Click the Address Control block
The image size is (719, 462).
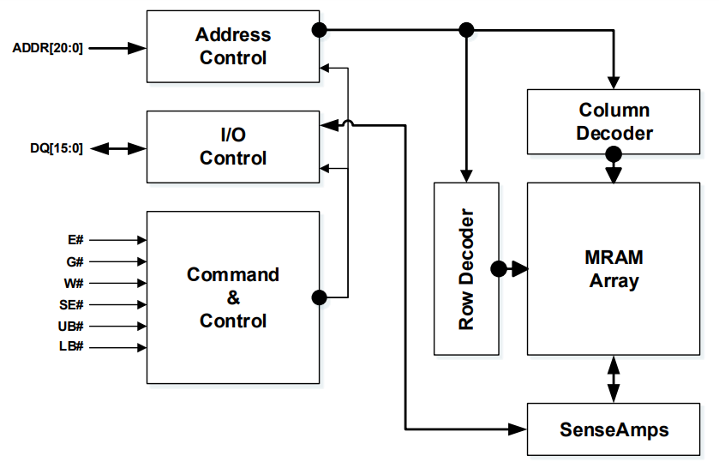tap(233, 47)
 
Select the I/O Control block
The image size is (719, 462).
tap(233, 147)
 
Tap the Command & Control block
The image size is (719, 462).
tap(233, 297)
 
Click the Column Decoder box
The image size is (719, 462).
tap(614, 122)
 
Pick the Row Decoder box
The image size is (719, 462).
tap(466, 268)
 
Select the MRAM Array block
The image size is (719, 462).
tap(614, 268)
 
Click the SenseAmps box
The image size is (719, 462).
tap(614, 428)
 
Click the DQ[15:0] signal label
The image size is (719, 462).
tap(57, 148)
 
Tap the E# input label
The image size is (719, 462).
tap(75, 241)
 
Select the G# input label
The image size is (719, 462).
tap(75, 262)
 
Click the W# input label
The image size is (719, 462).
tap(75, 284)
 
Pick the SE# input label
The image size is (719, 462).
tap(71, 305)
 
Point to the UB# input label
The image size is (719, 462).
tap(71, 327)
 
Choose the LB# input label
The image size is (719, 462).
tap(71, 348)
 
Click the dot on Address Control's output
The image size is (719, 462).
tap(320, 30)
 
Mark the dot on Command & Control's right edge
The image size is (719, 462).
tap(320, 298)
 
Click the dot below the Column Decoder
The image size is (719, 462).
tap(614, 155)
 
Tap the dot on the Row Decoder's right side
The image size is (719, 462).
tap(499, 269)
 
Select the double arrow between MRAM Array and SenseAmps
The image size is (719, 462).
tap(614, 378)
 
